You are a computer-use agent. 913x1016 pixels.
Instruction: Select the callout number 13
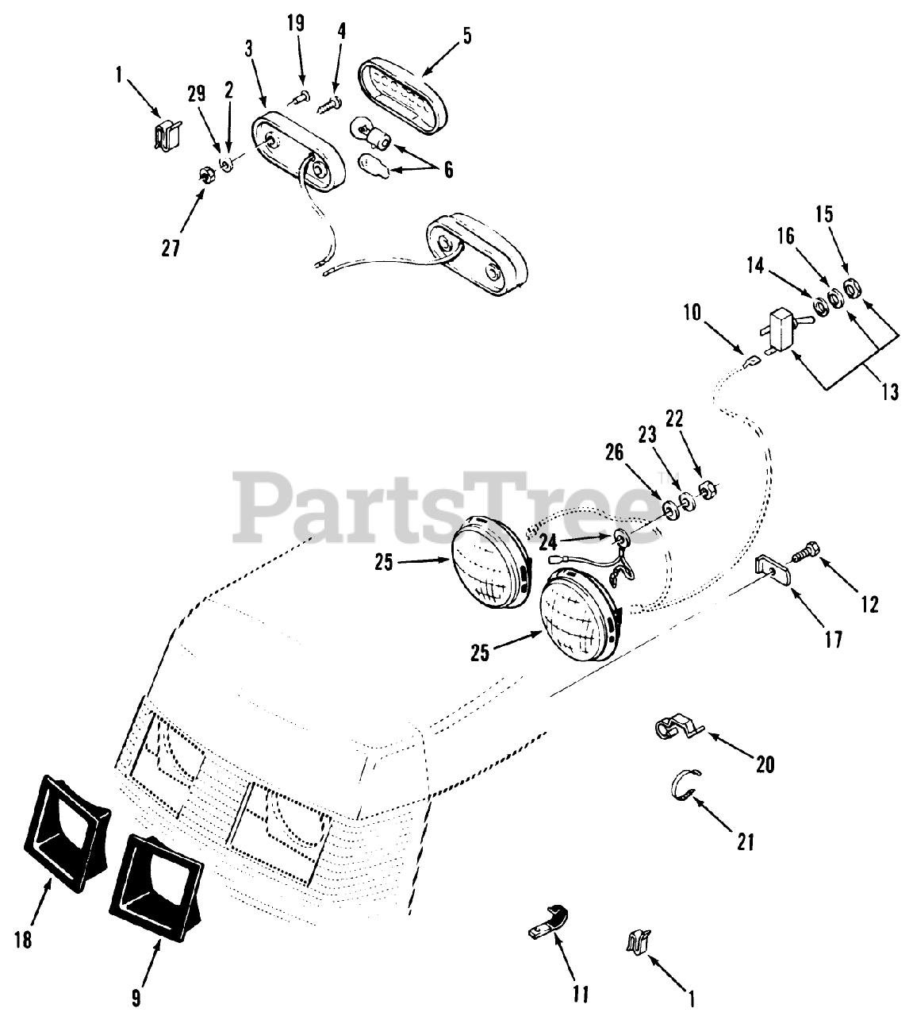[889, 391]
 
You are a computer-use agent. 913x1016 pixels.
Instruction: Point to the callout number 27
[170, 248]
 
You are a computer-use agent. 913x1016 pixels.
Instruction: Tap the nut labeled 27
[204, 176]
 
